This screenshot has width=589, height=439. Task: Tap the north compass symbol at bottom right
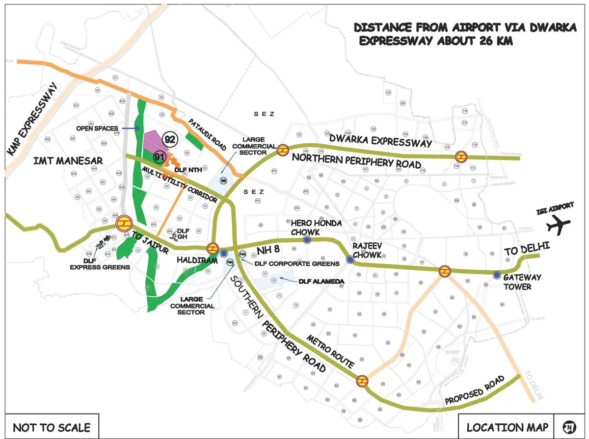pyautogui.click(x=569, y=426)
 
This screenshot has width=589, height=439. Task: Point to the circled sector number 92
pyautogui.click(x=170, y=140)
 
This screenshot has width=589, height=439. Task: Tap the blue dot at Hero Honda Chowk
pyautogui.click(x=307, y=239)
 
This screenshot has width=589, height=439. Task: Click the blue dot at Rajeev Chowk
pyautogui.click(x=350, y=260)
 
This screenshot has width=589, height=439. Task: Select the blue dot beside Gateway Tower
pyautogui.click(x=497, y=275)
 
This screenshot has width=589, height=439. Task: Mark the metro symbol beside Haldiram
pyautogui.click(x=213, y=248)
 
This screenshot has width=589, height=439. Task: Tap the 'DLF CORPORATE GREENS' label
pyautogui.click(x=296, y=263)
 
